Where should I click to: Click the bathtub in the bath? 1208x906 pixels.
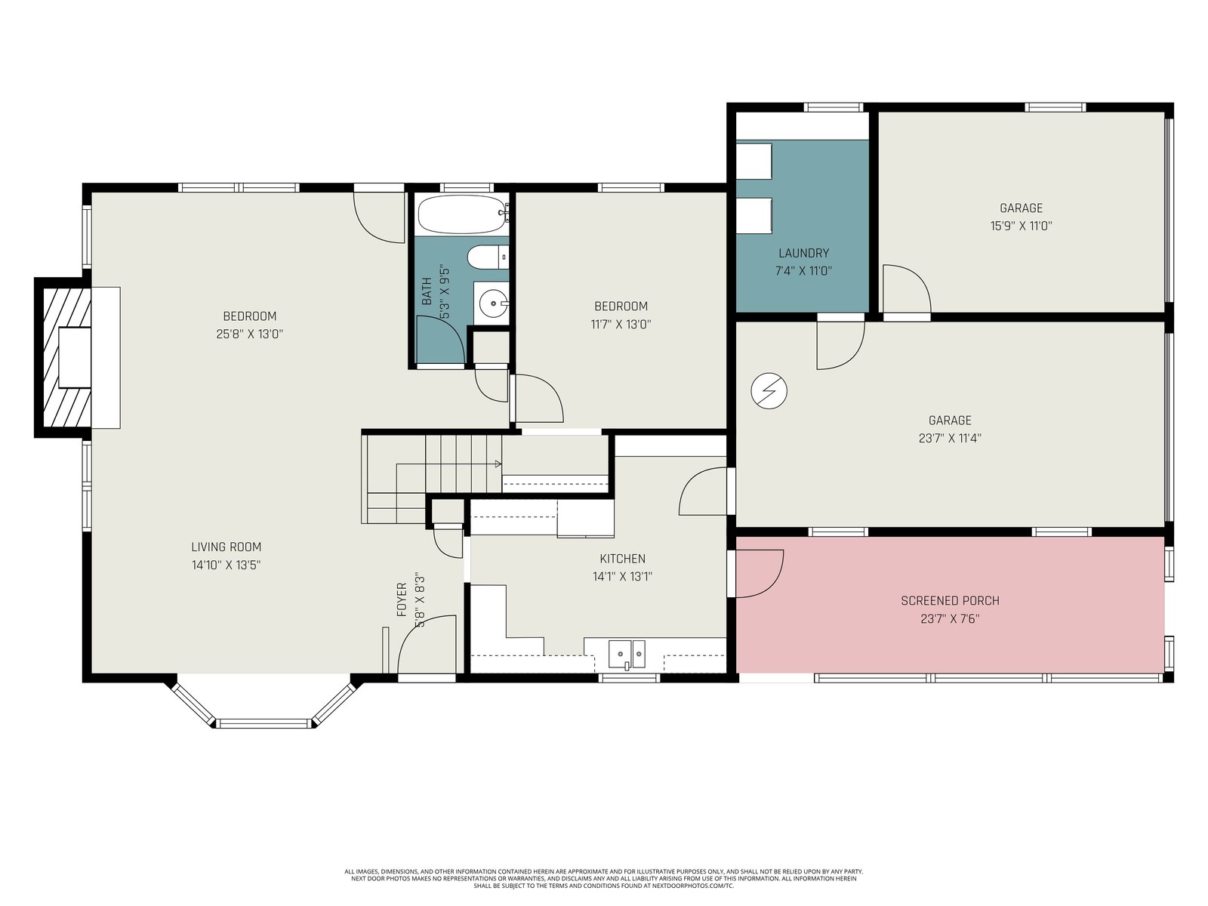[x=463, y=214]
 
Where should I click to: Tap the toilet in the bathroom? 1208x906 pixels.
[x=488, y=257]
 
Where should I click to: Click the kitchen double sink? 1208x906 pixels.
[x=627, y=654]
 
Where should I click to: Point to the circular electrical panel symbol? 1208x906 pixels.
[x=769, y=391]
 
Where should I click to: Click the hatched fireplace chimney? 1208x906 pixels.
[x=63, y=358]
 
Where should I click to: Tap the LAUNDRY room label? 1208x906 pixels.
[x=803, y=253]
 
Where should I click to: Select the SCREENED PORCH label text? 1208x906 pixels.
[x=950, y=601]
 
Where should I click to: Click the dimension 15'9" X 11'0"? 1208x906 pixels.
[x=1021, y=226]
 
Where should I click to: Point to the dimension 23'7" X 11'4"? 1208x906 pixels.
[x=950, y=438]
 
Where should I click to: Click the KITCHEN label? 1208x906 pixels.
[x=622, y=559]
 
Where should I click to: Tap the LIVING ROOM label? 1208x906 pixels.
[x=226, y=547]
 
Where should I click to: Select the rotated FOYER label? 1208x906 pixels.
[x=402, y=599]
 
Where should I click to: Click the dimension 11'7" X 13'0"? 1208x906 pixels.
[x=621, y=324]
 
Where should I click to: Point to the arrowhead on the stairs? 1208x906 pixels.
[x=498, y=464]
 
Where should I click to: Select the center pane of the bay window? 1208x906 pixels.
[x=263, y=723]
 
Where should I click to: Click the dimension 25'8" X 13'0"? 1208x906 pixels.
[x=249, y=334]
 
